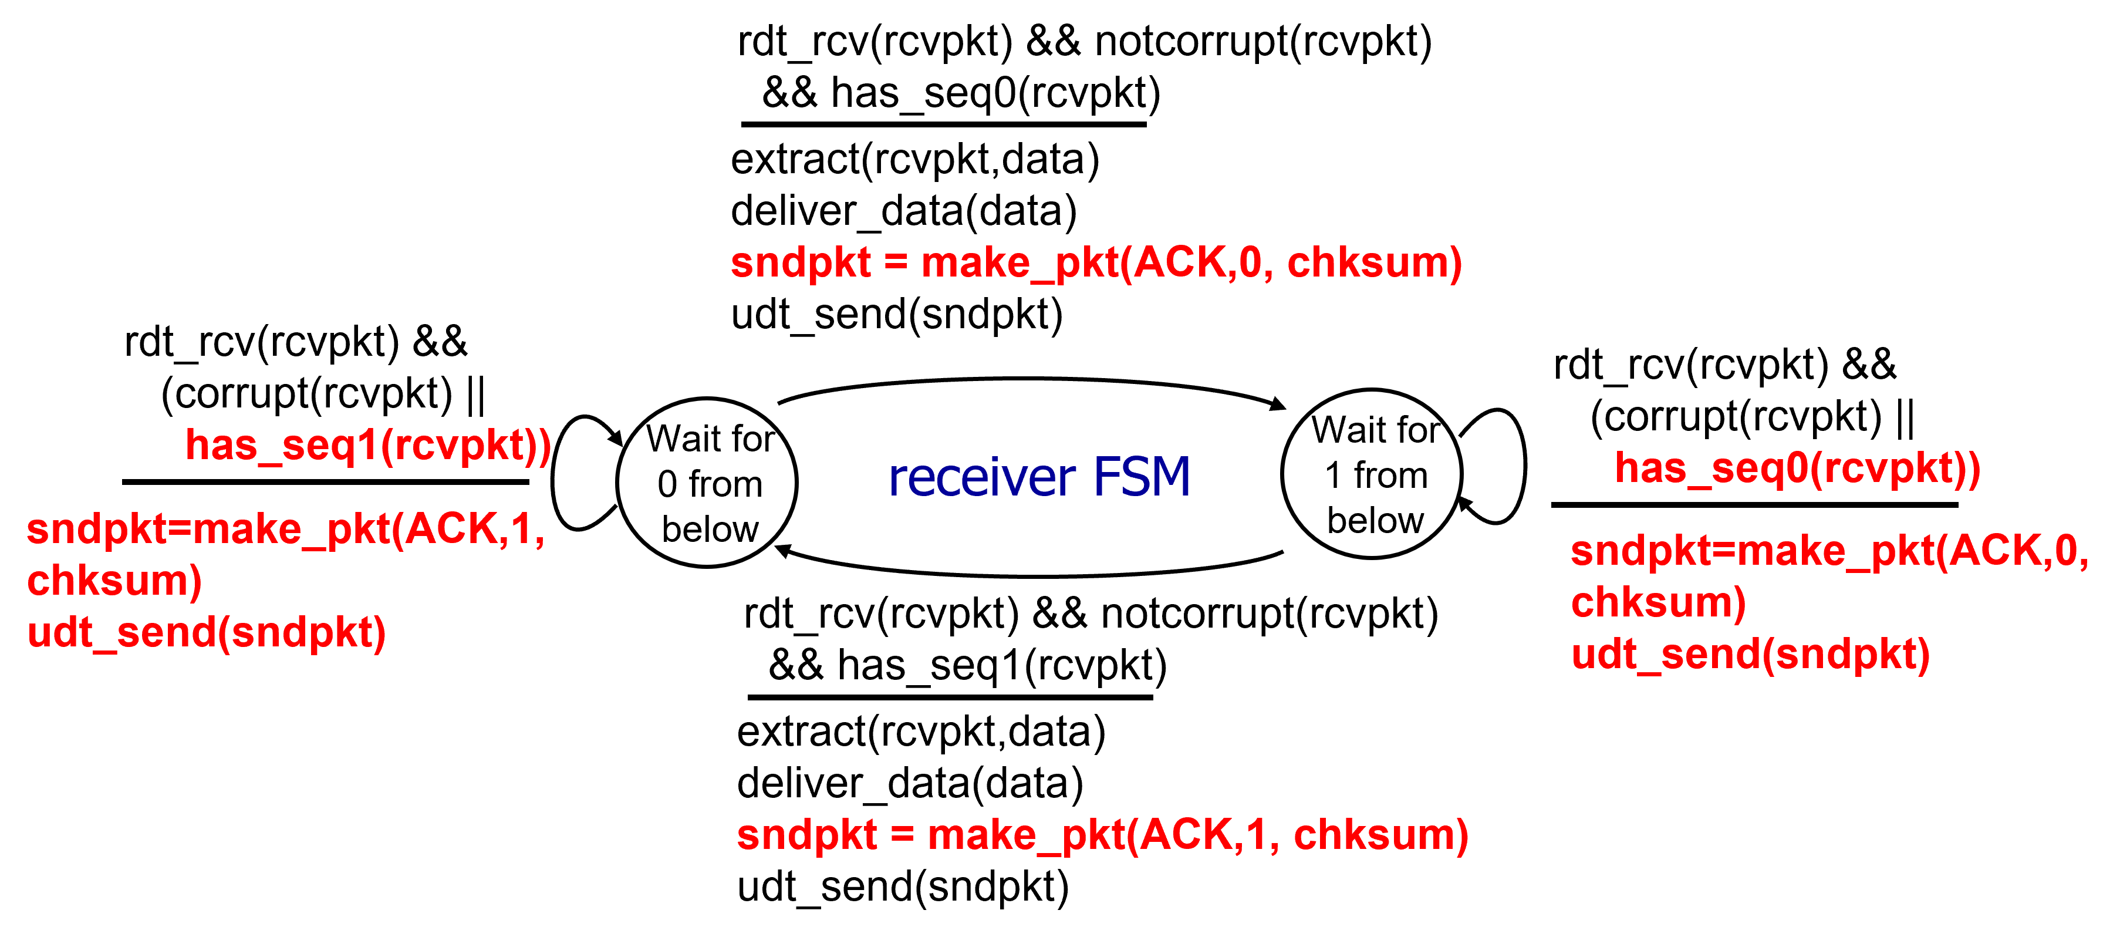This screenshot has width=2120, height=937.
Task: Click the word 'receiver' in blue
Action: tap(982, 477)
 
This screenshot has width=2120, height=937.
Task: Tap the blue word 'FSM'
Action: tap(1142, 477)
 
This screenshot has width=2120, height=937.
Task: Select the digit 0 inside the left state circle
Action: tap(667, 484)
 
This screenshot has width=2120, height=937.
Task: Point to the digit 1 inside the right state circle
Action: tap(1334, 476)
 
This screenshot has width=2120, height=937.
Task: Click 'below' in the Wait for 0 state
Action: tap(710, 530)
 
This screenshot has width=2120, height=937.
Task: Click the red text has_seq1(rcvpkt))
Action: tap(368, 446)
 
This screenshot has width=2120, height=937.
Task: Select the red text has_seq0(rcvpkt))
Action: tap(1797, 468)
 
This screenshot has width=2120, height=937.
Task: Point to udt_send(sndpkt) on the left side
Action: tap(207, 633)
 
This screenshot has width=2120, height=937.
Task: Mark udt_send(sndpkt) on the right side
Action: tap(1750, 655)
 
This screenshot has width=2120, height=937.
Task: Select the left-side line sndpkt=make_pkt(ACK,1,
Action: tap(286, 528)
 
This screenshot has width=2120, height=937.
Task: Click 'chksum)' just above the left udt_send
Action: tap(114, 581)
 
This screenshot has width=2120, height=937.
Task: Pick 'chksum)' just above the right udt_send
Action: tap(1658, 603)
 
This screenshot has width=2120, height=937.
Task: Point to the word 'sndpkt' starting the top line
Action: tap(800, 264)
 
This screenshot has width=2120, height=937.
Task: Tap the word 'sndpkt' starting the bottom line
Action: tap(806, 835)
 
